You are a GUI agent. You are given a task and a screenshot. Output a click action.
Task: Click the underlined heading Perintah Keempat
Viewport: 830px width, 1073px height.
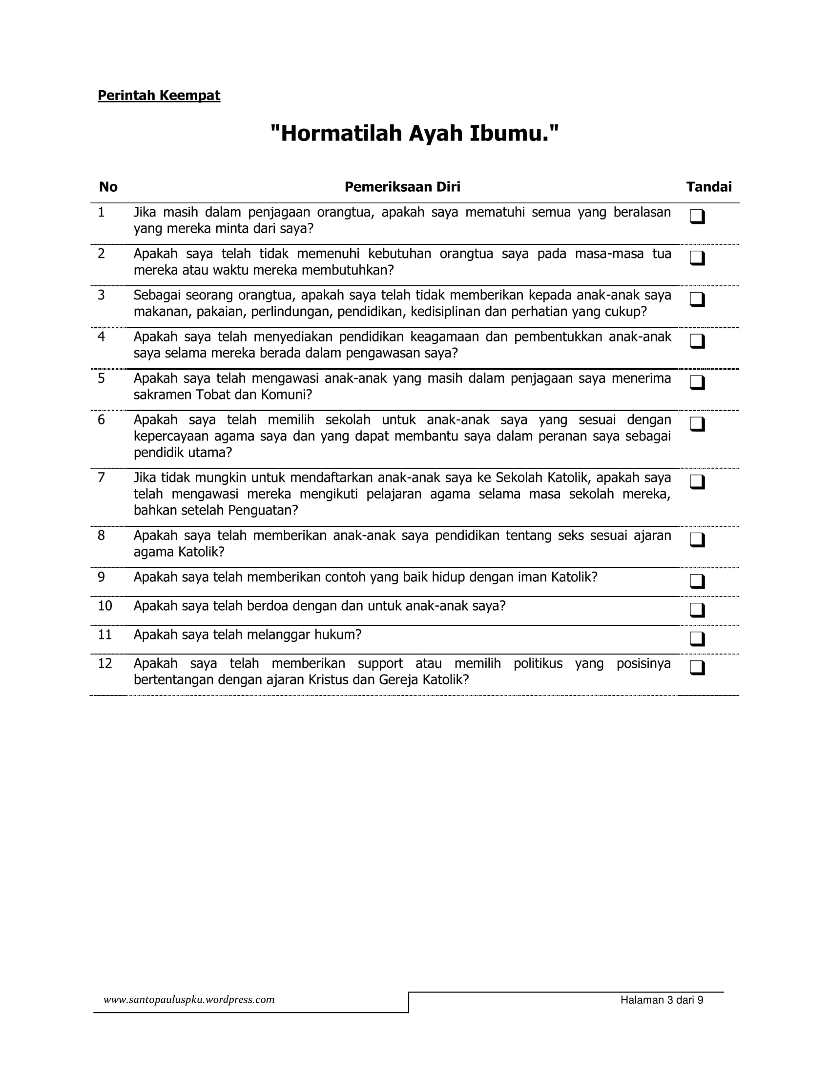tap(159, 95)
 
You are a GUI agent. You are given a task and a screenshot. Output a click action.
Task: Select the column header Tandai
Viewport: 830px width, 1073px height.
tap(708, 187)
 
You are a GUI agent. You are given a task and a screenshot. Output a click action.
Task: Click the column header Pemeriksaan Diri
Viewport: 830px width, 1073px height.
tap(402, 187)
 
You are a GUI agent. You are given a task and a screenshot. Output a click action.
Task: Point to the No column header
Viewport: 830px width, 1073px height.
tap(108, 187)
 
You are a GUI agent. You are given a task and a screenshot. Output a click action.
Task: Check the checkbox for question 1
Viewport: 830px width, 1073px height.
tap(697, 216)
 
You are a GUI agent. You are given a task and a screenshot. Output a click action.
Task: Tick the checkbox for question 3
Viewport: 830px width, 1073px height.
tap(697, 299)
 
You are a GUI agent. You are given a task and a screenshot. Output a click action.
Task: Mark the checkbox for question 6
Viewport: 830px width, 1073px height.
tap(697, 423)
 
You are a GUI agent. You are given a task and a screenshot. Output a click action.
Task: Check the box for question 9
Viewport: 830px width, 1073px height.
tap(697, 581)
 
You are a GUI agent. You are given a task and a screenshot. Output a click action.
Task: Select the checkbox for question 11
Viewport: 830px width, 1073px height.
tap(697, 638)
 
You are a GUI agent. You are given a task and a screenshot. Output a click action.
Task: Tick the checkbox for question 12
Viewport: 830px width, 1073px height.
tap(697, 667)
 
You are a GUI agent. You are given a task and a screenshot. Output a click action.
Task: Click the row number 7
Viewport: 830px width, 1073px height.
tap(101, 477)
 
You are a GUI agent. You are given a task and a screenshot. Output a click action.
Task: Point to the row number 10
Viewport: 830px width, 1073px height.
tap(105, 606)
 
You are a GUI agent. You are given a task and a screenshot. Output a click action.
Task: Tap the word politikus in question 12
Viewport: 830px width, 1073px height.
tap(538, 664)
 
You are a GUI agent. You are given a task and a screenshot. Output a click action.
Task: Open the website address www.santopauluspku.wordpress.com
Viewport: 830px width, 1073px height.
tap(189, 1000)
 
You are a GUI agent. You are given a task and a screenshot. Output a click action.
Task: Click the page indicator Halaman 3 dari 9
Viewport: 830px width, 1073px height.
tap(662, 1000)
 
